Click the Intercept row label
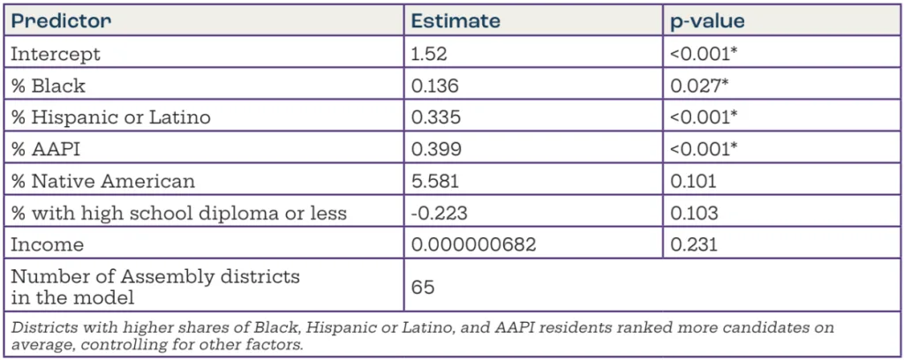point(55,54)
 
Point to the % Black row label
point(48,86)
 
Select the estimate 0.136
point(432,86)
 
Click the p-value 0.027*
point(699,86)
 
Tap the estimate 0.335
point(433,117)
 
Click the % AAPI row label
point(44,149)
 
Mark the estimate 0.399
point(433,149)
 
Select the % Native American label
point(102,182)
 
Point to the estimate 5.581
point(432,182)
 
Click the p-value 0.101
point(694,182)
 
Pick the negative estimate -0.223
point(435,214)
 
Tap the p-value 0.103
point(695,214)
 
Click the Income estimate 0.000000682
point(473,245)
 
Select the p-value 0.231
point(694,245)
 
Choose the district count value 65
point(423,288)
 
